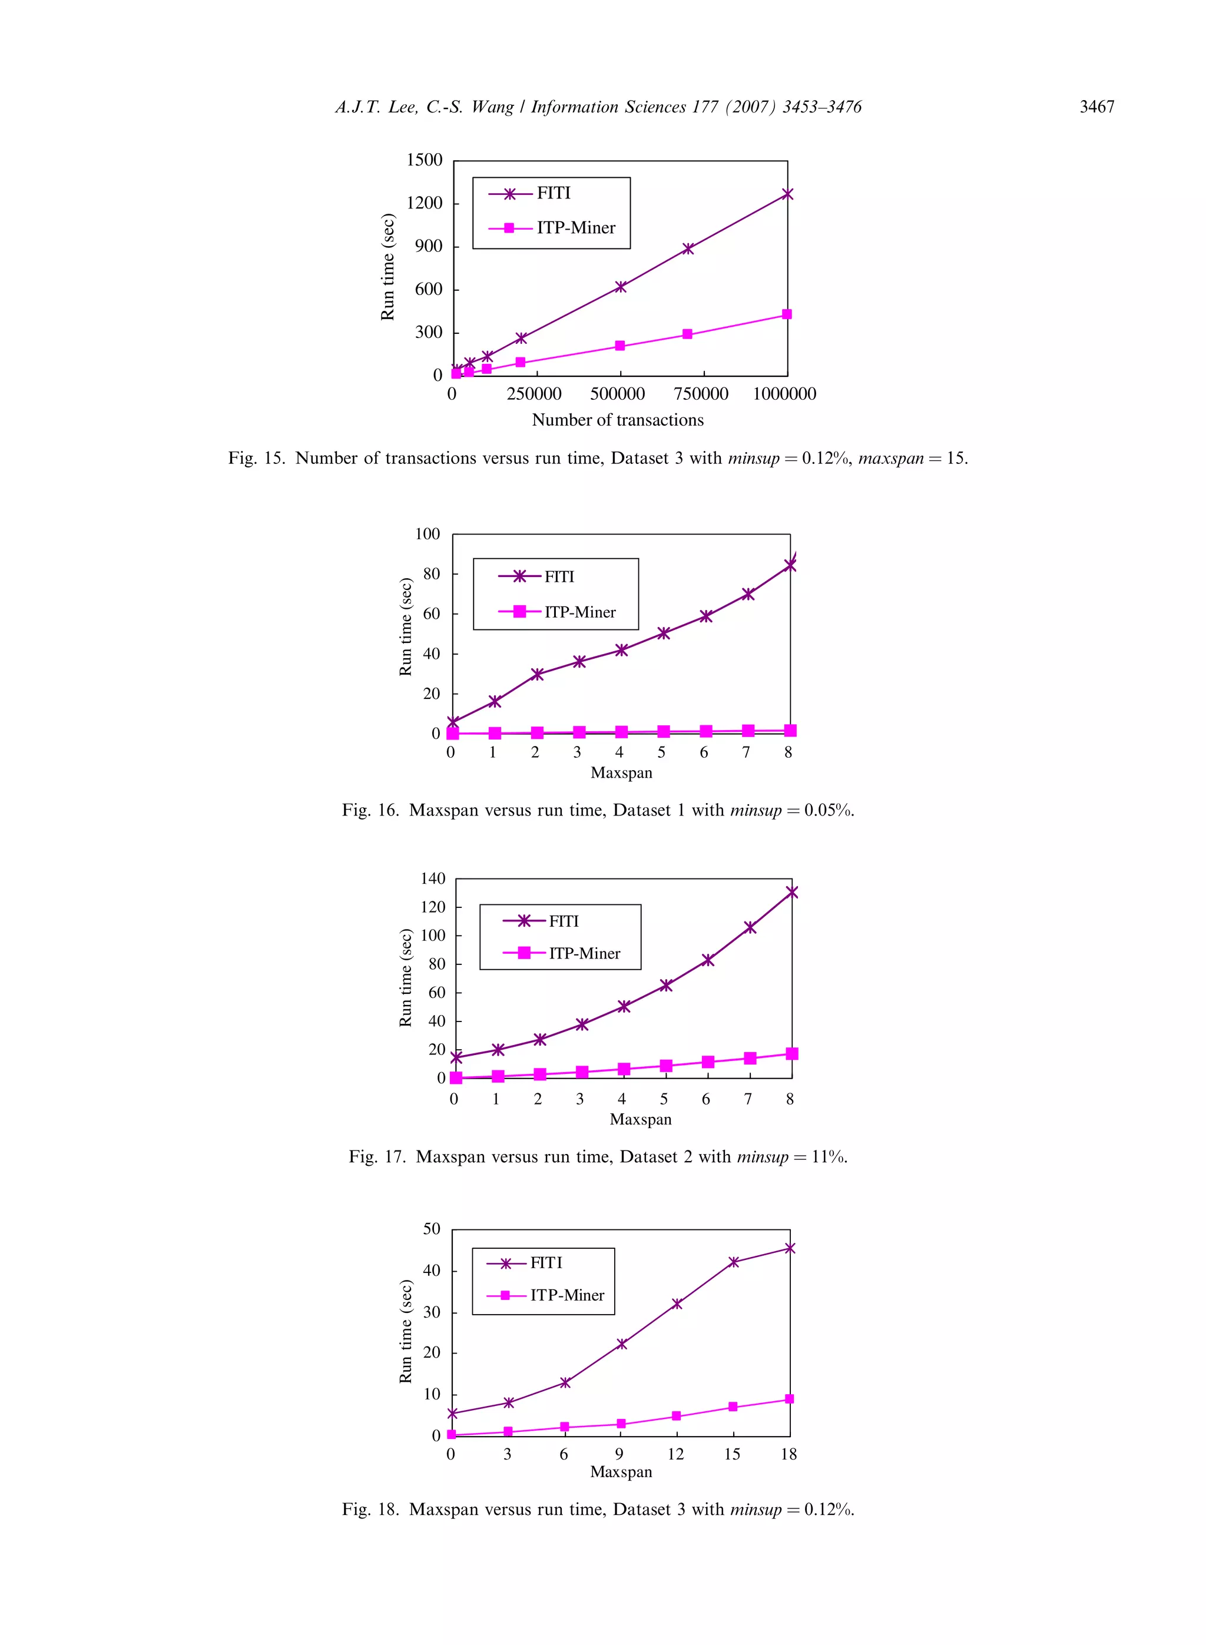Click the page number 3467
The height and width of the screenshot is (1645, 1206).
coord(1096,107)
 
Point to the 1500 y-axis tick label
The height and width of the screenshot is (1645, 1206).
coord(425,160)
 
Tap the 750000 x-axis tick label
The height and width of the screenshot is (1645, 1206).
coord(701,394)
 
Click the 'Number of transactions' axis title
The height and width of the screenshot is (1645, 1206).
coord(618,420)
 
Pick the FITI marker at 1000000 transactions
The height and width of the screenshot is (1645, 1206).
coord(787,194)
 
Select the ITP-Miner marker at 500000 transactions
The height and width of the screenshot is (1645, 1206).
coord(620,346)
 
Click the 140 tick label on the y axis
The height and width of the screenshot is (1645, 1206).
coord(433,878)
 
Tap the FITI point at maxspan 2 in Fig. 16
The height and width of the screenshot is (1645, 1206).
coord(537,674)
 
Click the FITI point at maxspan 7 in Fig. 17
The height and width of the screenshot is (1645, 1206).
coord(750,927)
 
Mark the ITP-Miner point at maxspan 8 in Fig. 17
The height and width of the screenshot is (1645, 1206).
coord(792,1054)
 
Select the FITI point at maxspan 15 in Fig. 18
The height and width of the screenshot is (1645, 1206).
coord(734,1262)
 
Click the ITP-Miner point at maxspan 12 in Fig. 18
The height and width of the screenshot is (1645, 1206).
coord(676,1416)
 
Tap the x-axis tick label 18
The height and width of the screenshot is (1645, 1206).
coord(788,1454)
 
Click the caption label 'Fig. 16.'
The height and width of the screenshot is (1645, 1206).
coord(370,810)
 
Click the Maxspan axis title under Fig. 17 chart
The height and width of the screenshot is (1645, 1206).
coord(640,1120)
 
